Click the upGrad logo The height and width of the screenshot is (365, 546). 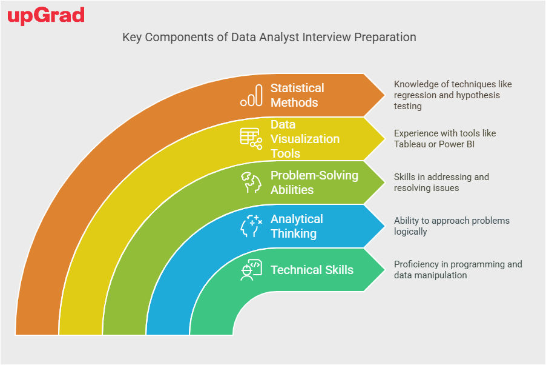point(46,16)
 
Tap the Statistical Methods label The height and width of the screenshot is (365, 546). point(297,95)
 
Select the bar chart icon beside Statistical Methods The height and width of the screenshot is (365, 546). point(251,95)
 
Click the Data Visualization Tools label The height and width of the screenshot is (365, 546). point(305,139)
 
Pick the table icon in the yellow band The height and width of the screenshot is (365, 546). point(251,139)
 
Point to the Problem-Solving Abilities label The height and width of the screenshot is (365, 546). point(314,182)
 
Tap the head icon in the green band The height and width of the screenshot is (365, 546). point(251,182)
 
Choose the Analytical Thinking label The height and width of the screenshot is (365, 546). point(297,226)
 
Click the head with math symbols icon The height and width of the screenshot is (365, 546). point(251,226)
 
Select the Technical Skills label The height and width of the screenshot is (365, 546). point(312,270)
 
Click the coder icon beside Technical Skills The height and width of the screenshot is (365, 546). point(251,270)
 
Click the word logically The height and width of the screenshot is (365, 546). point(410,232)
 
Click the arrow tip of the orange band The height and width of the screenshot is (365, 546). point(385,95)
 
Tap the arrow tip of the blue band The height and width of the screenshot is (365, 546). point(385,226)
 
